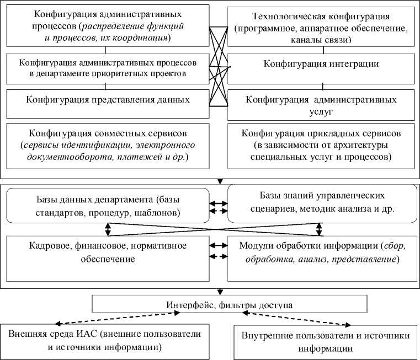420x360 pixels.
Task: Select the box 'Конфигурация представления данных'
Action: [x=108, y=100]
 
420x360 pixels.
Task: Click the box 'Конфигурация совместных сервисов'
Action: [x=108, y=145]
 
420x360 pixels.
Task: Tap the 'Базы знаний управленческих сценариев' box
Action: [x=322, y=203]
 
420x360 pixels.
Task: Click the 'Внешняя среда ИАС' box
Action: [x=105, y=341]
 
